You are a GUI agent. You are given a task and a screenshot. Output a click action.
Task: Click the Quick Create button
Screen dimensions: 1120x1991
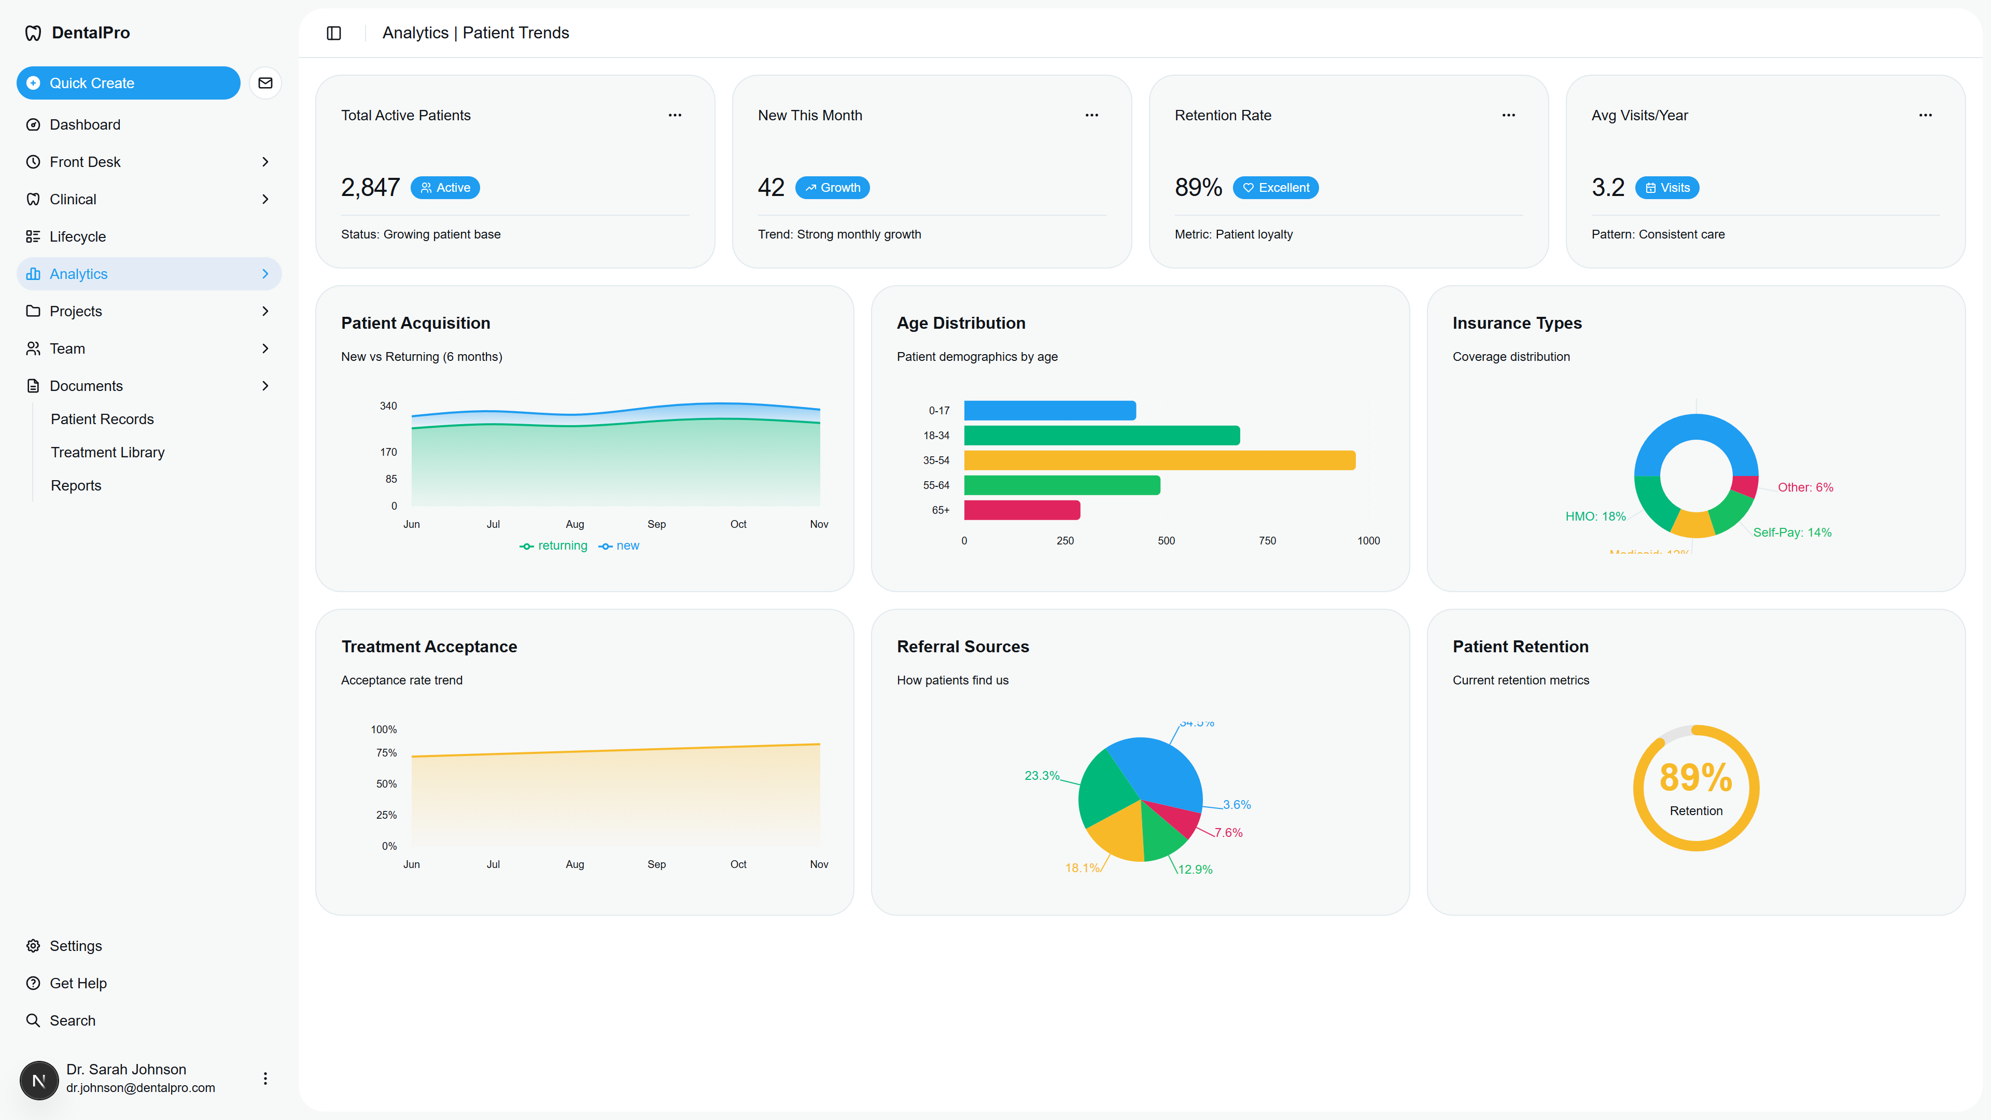coord(128,83)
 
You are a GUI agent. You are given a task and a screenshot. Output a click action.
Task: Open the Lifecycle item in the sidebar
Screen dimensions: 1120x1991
coord(77,236)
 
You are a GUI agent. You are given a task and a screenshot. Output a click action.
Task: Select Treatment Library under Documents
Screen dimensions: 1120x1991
coord(107,452)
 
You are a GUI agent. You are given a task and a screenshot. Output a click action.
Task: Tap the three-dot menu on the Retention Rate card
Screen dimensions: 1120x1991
coord(1508,115)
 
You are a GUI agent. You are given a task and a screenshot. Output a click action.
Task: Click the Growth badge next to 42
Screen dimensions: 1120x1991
coord(832,188)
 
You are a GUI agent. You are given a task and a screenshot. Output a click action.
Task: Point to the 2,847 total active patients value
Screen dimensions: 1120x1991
coord(370,188)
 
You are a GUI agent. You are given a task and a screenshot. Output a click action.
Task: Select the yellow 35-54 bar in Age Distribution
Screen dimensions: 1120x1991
coord(1159,460)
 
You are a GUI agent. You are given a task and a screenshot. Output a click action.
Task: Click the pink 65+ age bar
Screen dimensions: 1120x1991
coord(1022,510)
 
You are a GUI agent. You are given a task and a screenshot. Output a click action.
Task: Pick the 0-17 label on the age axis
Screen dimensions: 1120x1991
coord(938,411)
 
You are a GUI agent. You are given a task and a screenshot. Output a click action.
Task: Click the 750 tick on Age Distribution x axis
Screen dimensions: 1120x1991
coord(1267,541)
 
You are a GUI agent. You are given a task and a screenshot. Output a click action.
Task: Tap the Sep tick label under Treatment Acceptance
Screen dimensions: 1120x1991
coord(656,864)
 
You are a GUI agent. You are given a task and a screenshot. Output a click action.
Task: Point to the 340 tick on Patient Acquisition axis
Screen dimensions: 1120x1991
coord(388,407)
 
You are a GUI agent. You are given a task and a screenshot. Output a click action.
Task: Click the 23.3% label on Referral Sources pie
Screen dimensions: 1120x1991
coord(1041,775)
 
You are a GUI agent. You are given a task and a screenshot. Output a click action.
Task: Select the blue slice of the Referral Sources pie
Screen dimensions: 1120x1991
coord(1152,769)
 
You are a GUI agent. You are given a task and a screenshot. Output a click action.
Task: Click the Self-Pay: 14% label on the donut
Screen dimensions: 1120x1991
coord(1791,533)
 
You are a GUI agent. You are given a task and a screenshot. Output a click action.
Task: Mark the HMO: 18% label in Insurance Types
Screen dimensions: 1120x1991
coord(1595,516)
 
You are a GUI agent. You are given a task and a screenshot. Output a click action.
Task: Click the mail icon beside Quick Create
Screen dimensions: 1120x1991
coord(265,83)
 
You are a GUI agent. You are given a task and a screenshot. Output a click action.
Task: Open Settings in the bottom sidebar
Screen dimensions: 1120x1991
coord(75,946)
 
